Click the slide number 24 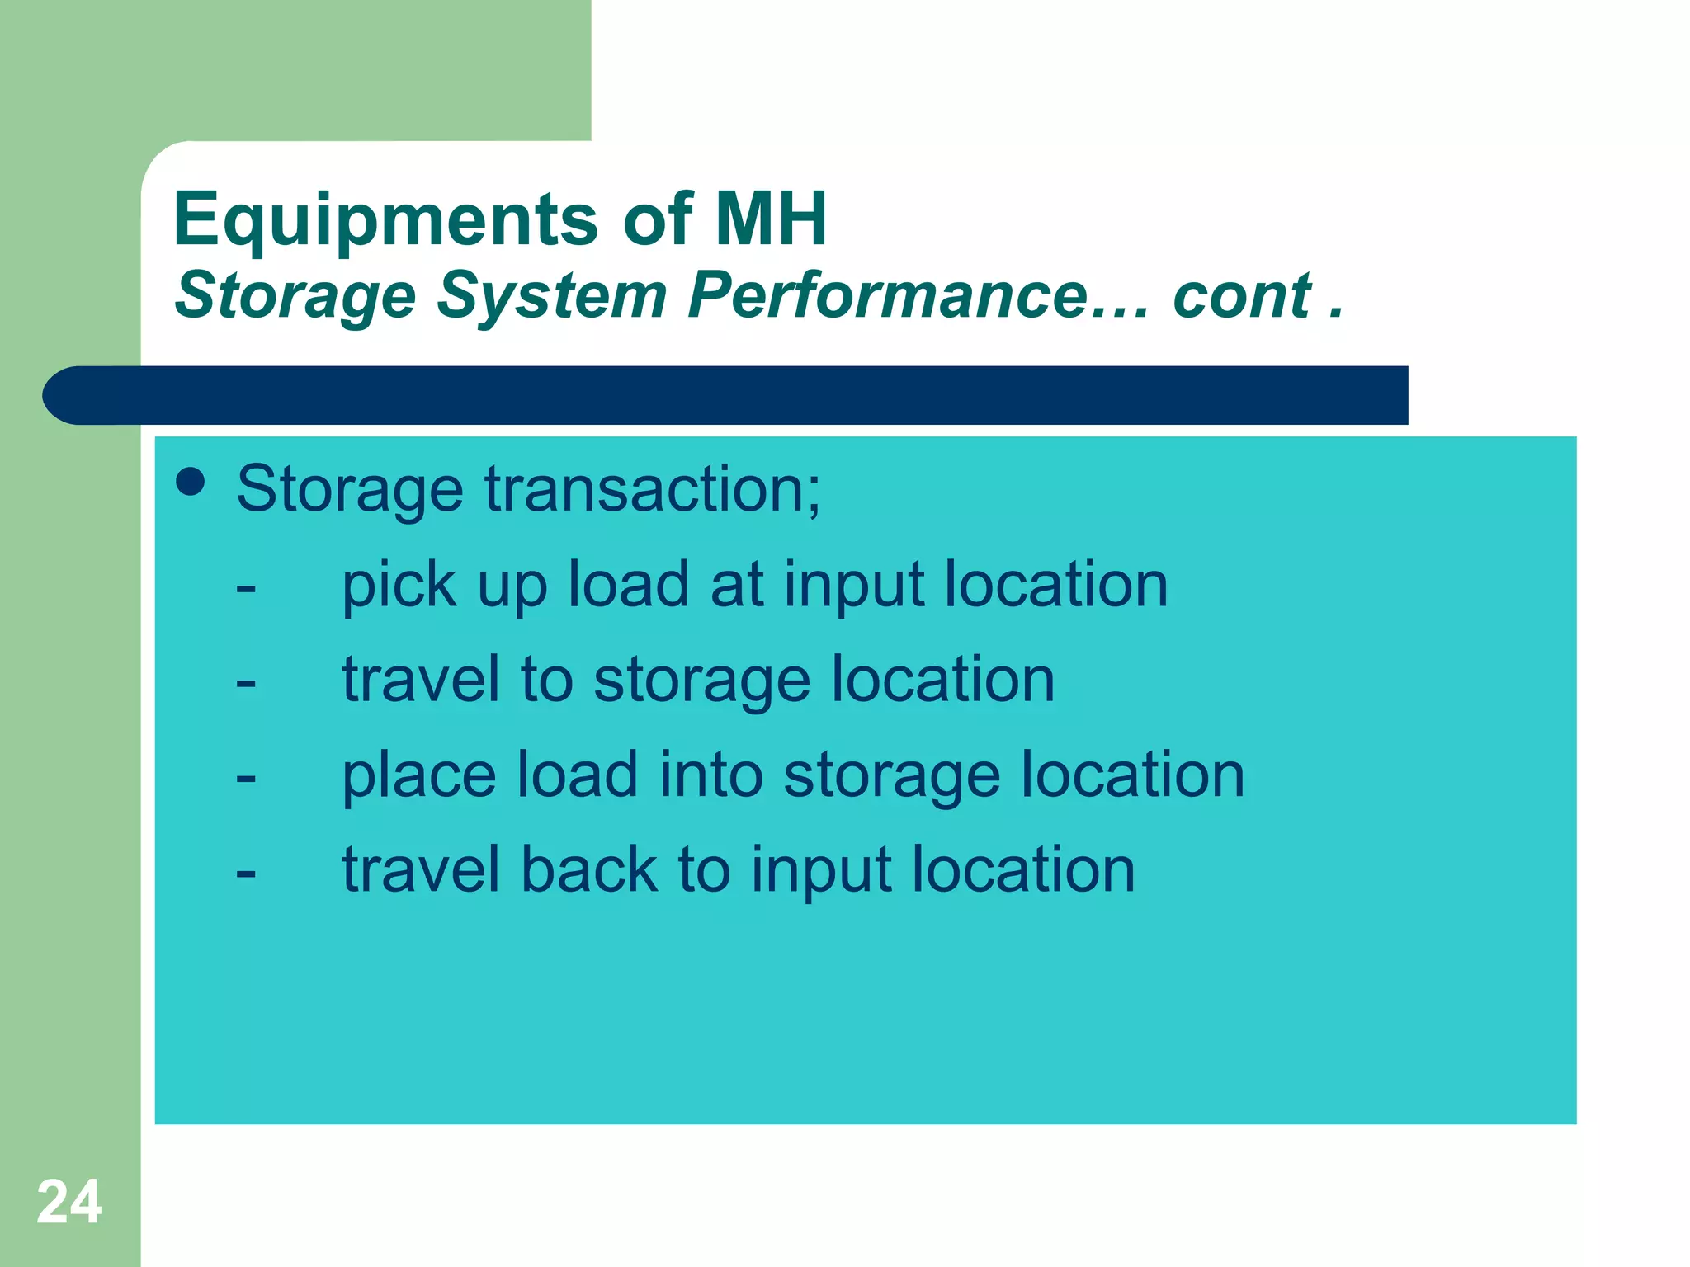[69, 1203]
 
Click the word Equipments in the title [385, 219]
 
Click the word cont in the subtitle [1242, 294]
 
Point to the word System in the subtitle [551, 296]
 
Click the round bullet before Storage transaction [191, 483]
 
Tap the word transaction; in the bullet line [653, 489]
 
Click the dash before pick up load [245, 589]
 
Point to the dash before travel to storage [245, 684]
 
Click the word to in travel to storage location [546, 681]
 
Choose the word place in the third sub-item [418, 775]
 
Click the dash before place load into [245, 779]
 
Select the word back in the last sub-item [589, 870]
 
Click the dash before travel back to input [245, 874]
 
